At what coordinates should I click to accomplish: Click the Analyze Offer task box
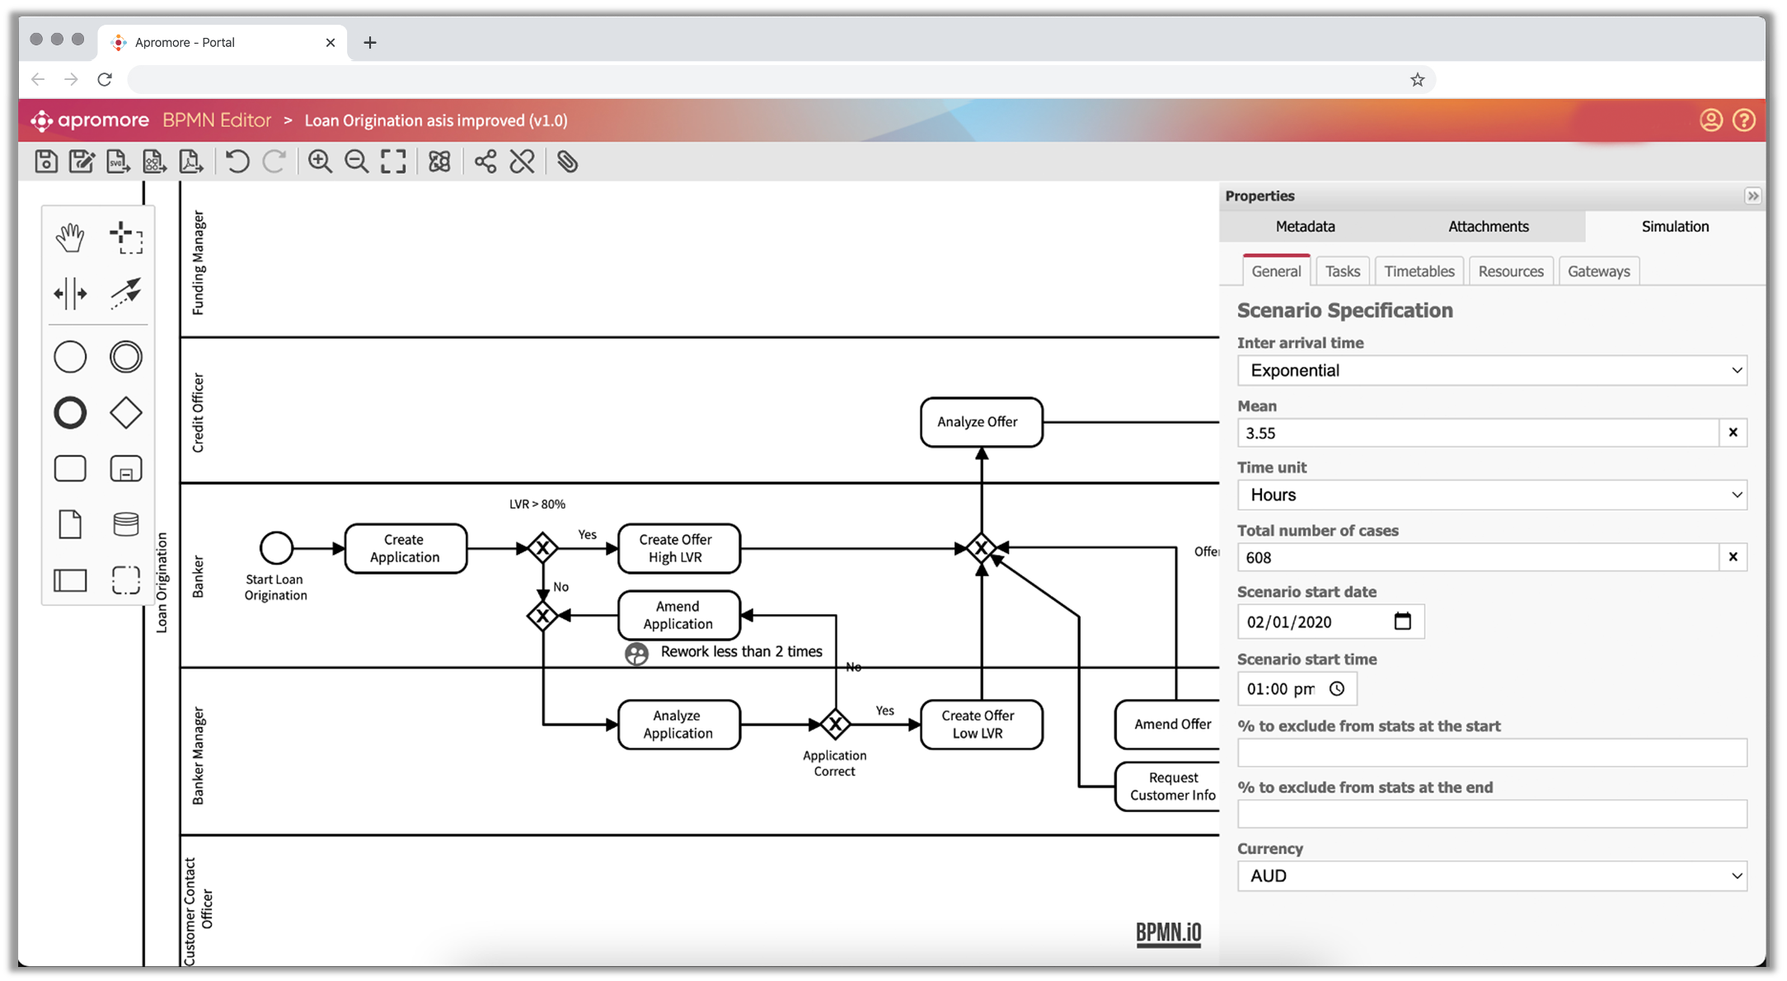[x=981, y=422]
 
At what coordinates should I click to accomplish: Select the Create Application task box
[x=406, y=548]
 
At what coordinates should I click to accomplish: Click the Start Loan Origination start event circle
[x=276, y=547]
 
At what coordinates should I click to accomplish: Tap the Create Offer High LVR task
[x=678, y=548]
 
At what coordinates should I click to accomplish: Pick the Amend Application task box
[x=678, y=615]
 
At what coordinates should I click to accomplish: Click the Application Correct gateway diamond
[x=835, y=725]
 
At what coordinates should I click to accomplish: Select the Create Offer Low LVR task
[x=981, y=725]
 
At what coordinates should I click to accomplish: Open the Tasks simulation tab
[x=1342, y=271]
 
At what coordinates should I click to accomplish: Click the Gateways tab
[x=1598, y=271]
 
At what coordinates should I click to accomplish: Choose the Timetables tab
[x=1419, y=271]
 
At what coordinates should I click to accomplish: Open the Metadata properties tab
[x=1305, y=227]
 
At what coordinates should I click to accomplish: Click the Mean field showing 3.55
[x=1477, y=433]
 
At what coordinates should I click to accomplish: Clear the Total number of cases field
[x=1733, y=557]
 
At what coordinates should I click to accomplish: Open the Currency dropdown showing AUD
[x=1492, y=876]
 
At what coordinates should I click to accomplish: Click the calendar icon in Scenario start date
[x=1402, y=622]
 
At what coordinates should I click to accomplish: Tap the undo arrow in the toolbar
[x=237, y=162]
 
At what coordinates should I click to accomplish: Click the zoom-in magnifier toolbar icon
[x=320, y=162]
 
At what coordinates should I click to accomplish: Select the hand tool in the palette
[x=70, y=237]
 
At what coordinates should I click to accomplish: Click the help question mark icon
[x=1743, y=120]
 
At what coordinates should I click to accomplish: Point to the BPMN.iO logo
[x=1168, y=932]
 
